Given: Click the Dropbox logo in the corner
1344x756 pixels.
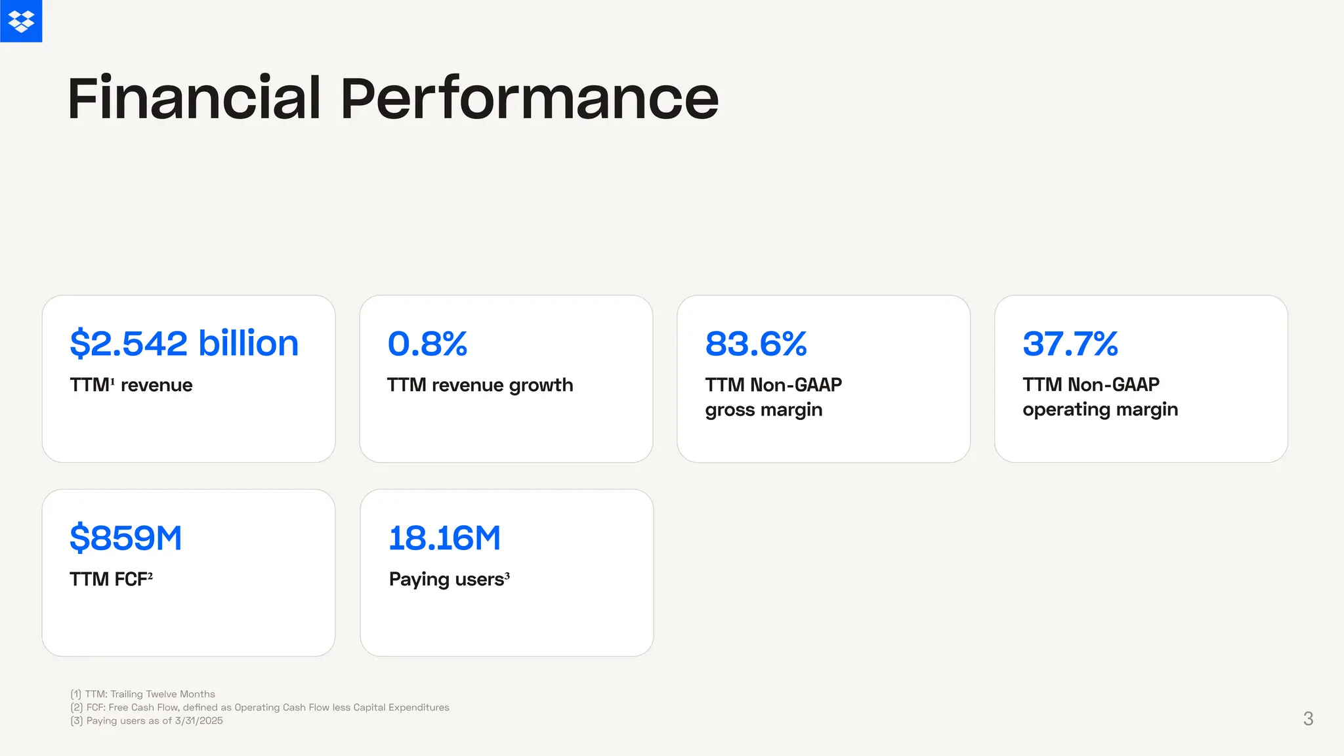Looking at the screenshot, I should [21, 21].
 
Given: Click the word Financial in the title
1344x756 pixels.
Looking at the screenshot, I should [194, 98].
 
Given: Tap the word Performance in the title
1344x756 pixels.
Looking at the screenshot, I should [529, 98].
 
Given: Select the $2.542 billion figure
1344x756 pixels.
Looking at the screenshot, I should [184, 343].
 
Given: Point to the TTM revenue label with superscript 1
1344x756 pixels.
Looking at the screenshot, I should [131, 385].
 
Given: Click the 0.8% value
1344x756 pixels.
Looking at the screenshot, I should [427, 343].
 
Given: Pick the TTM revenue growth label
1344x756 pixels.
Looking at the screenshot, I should [480, 385].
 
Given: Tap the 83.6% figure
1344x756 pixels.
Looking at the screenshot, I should [756, 343].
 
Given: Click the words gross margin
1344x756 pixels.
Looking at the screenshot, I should [763, 409].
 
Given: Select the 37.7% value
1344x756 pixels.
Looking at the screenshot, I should [1070, 343].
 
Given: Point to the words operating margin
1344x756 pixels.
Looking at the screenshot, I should [1100, 409].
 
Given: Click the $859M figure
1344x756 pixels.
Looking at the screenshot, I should [125, 537].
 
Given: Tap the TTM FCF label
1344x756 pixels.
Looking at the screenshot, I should [110, 579].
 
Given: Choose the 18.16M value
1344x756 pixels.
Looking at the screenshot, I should [444, 537].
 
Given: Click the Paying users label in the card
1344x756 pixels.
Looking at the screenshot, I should [446, 579].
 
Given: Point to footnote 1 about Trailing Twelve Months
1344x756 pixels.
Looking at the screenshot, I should [142, 694].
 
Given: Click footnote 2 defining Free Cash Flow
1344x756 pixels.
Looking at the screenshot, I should [259, 707].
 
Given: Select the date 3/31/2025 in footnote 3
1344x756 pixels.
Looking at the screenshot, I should [199, 721].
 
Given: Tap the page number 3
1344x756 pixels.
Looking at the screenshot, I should [1308, 719].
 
